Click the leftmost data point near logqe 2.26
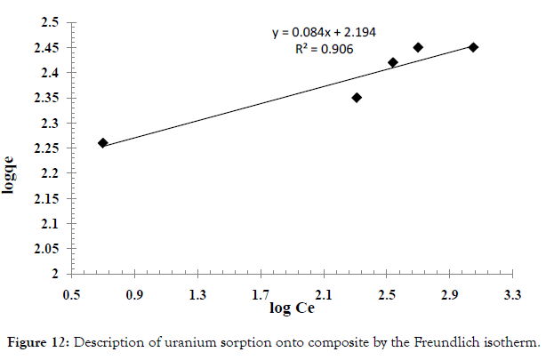(x=103, y=142)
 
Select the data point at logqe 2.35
(x=357, y=98)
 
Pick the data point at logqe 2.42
(x=393, y=62)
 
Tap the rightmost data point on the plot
(x=473, y=47)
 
